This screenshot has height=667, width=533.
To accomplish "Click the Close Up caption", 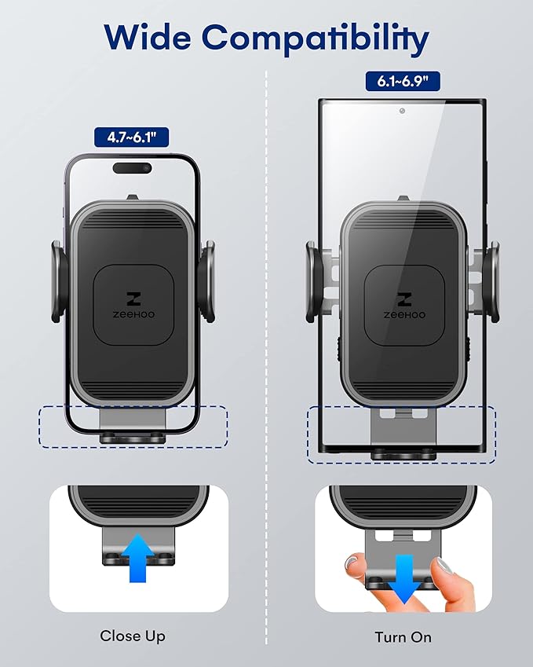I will pos(132,636).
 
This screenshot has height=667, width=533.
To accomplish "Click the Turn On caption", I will pos(403,636).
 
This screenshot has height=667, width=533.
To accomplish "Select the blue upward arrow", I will pos(138,556).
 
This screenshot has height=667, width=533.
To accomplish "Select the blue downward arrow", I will pos(404,577).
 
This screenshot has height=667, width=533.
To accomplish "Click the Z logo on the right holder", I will pos(402,298).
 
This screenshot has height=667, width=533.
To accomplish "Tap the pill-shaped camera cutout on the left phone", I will pos(132,167).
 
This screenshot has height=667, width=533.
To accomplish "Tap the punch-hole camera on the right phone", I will pos(402,112).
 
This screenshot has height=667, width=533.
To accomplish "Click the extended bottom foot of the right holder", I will pos(403,431).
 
